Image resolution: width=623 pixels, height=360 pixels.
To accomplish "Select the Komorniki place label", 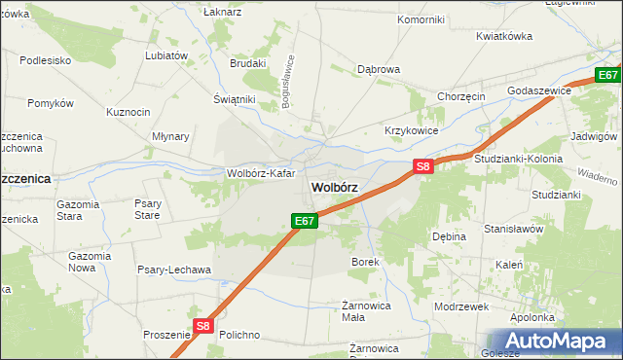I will pyautogui.click(x=421, y=19).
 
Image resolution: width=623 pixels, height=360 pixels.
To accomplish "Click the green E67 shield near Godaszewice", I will pyautogui.click(x=608, y=75).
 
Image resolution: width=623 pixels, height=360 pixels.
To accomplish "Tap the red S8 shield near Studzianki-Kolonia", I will pyautogui.click(x=422, y=166).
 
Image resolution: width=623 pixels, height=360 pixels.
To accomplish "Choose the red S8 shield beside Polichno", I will pyautogui.click(x=202, y=327).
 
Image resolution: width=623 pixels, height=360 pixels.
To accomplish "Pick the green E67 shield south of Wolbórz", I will pyautogui.click(x=305, y=221).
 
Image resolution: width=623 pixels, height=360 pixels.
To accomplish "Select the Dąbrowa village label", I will pyautogui.click(x=379, y=70).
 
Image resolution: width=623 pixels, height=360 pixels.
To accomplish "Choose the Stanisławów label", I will pyautogui.click(x=513, y=230).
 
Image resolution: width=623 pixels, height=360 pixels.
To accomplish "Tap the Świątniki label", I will pyautogui.click(x=234, y=99).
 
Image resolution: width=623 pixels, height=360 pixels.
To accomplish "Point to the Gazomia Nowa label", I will pyautogui.click(x=89, y=261).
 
